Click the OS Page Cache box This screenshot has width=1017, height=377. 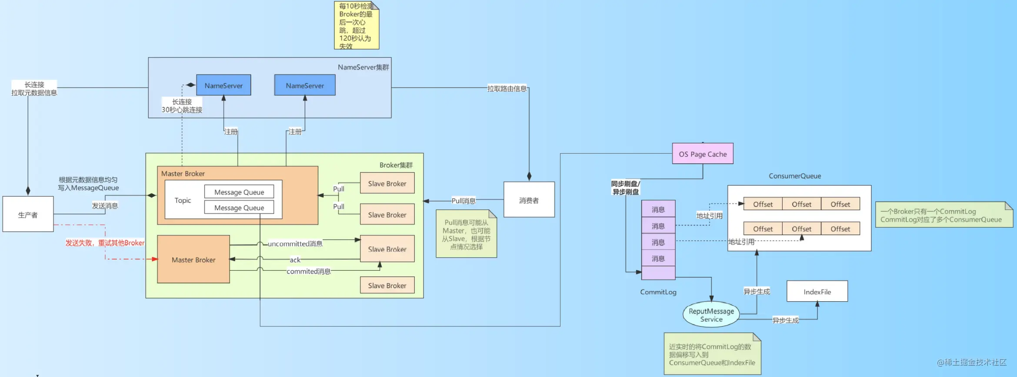703,154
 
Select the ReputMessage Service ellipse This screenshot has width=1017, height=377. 711,315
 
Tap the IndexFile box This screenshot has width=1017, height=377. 817,291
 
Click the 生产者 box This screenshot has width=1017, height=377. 28,214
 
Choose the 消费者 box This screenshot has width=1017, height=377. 529,200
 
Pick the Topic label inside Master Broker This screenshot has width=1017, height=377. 183,200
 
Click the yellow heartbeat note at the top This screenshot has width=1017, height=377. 357,25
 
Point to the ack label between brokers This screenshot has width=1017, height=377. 295,260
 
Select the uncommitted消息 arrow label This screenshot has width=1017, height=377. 295,244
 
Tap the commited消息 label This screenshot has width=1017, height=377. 308,271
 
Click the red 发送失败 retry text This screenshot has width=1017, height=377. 105,243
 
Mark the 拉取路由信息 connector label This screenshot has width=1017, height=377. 507,89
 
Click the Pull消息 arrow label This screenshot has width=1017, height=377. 463,201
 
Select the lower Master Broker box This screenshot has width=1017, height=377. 193,259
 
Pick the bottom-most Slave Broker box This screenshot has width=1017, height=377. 387,285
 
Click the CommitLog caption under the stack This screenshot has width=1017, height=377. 658,292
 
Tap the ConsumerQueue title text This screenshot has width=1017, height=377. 795,176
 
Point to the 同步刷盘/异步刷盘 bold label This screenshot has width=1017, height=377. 626,188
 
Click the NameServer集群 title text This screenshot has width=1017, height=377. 363,67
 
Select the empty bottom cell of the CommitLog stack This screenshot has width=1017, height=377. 658,273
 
